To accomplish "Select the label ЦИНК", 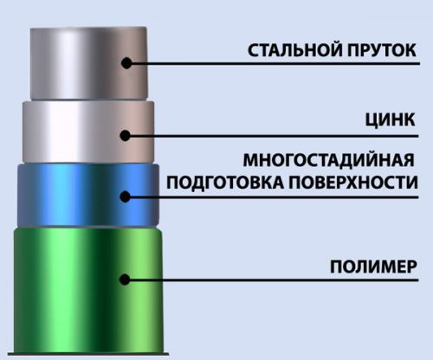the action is coord(390,120).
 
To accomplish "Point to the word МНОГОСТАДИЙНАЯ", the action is coord(328,160).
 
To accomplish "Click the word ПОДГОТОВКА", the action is coord(226,183).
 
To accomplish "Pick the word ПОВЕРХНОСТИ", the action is coord(353,183).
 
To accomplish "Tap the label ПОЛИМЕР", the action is coord(373,267).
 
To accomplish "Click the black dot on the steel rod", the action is coord(126,63).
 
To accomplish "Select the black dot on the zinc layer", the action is coord(126,136).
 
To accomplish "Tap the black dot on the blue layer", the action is coord(126,196).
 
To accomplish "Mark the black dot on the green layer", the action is coord(125,280).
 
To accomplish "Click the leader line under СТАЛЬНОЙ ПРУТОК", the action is coord(273,63).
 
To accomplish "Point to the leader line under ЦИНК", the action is coord(272,136).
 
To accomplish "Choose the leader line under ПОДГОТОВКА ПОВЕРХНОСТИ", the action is coord(272,197).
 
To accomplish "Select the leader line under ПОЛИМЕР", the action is coord(272,280).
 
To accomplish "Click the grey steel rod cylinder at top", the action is coord(89,63).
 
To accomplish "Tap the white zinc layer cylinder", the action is coord(88,132).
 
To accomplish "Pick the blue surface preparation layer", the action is coord(88,196).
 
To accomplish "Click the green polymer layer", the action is coord(88,289).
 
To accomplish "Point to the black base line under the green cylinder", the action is coord(88,353).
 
